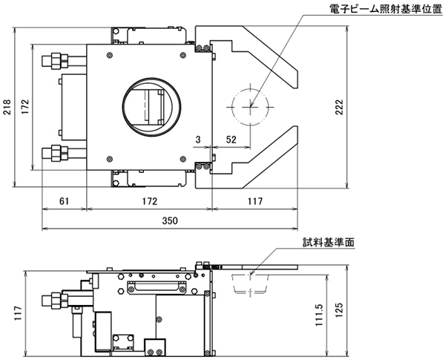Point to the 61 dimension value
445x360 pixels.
[64, 200]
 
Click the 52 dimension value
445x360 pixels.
[231, 140]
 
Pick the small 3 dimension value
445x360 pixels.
[198, 140]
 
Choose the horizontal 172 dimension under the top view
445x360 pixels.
[149, 200]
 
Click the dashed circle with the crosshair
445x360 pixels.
[251, 105]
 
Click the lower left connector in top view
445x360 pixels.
[57, 154]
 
